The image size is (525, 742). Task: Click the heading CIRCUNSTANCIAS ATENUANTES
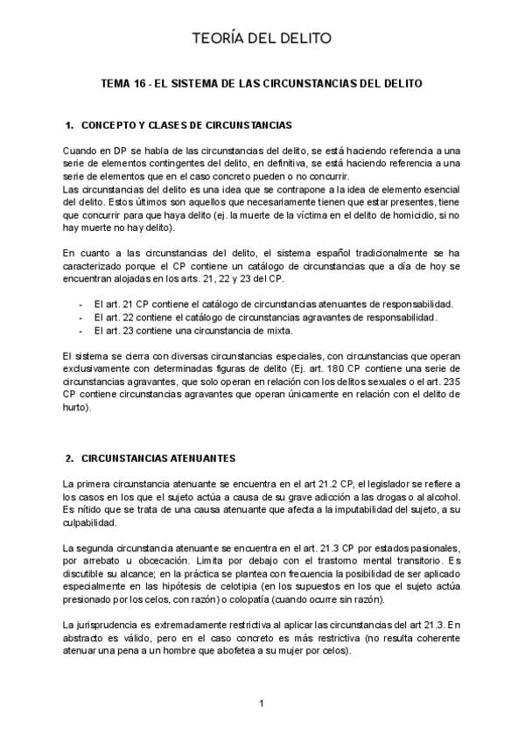pos(158,458)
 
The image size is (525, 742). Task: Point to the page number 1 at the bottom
pos(261,703)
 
